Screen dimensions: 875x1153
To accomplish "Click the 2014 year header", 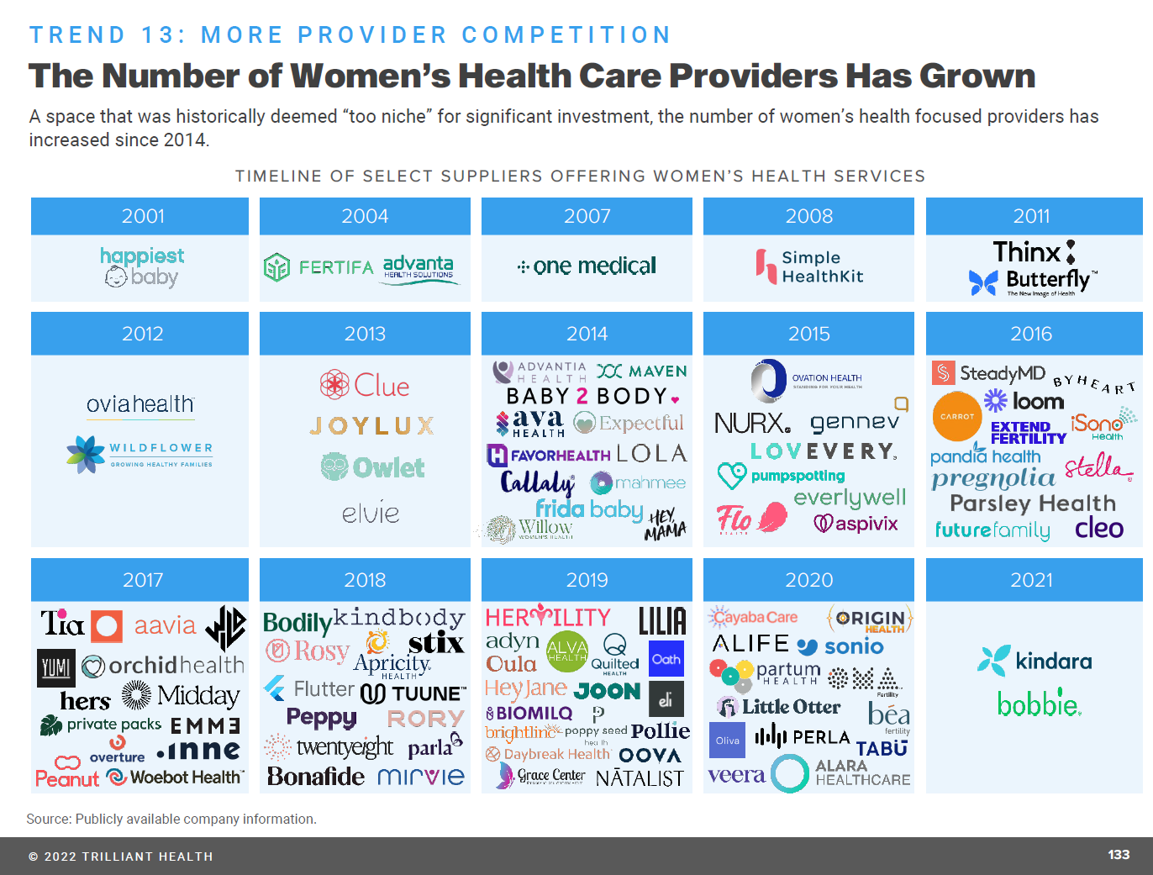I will pos(587,334).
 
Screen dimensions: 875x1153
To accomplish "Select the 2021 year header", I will pos(1031,580).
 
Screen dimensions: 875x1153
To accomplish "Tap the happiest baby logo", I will pos(142,266).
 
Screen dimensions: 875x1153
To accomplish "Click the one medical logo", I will pos(587,266).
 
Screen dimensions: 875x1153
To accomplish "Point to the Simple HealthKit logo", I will pos(808,266).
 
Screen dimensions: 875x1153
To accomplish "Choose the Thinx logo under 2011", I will pos(1027,251).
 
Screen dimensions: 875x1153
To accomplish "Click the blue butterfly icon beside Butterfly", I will pos(983,282).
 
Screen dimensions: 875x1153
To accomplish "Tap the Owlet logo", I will pos(372,466).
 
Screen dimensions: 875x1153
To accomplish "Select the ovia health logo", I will pos(140,404).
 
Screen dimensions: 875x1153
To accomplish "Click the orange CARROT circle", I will pos(957,416).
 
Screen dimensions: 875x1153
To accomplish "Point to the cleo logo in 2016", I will pos(1098,528).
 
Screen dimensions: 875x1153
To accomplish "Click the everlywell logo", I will pos(850,498).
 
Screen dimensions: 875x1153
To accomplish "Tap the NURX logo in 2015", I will pos(752,423).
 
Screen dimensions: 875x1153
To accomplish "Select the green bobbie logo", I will pos(1039,704).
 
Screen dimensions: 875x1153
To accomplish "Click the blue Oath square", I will pos(666,659).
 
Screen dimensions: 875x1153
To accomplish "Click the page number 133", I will pos(1119,855).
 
